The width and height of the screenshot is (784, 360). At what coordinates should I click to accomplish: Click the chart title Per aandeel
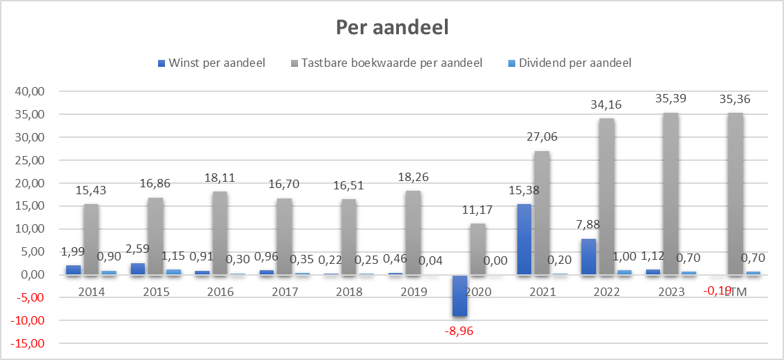392,27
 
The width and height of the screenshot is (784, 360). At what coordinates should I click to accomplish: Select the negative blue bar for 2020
459,295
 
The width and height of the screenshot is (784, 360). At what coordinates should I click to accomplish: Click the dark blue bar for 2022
588,257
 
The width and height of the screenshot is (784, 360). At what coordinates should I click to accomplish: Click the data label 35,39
671,98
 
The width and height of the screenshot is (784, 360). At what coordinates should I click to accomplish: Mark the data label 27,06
542,136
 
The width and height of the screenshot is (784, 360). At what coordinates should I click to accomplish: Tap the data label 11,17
478,209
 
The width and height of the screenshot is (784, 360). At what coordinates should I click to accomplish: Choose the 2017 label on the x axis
285,292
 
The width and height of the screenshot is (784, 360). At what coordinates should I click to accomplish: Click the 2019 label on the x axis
414,292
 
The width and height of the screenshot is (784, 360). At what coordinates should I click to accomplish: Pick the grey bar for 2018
349,237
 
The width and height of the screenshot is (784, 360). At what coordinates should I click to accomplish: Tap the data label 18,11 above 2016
220,177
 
